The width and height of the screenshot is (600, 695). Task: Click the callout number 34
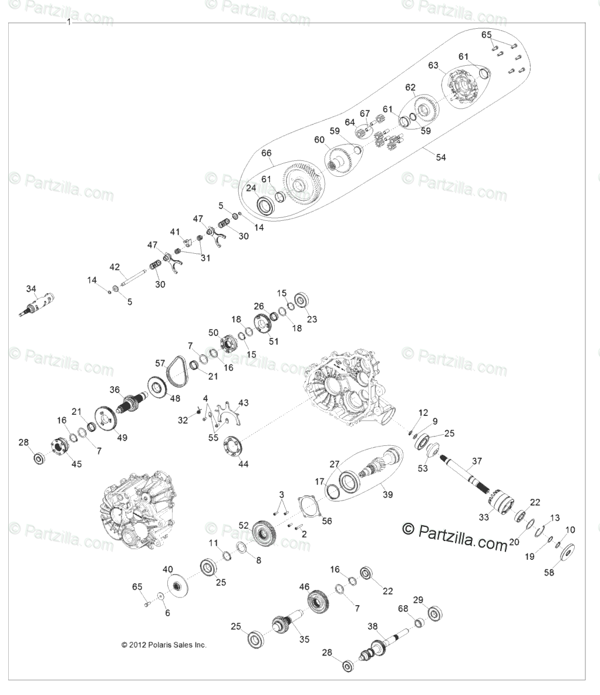click(x=31, y=288)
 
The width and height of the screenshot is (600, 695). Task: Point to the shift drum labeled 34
click(x=36, y=305)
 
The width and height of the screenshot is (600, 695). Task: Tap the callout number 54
click(x=440, y=157)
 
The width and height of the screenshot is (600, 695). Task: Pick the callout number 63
click(x=433, y=65)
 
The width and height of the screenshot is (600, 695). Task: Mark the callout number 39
click(x=387, y=494)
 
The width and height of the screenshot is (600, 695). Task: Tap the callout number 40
click(x=168, y=569)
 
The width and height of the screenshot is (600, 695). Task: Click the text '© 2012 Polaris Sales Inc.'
click(x=164, y=644)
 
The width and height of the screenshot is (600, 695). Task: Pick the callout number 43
click(x=243, y=402)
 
